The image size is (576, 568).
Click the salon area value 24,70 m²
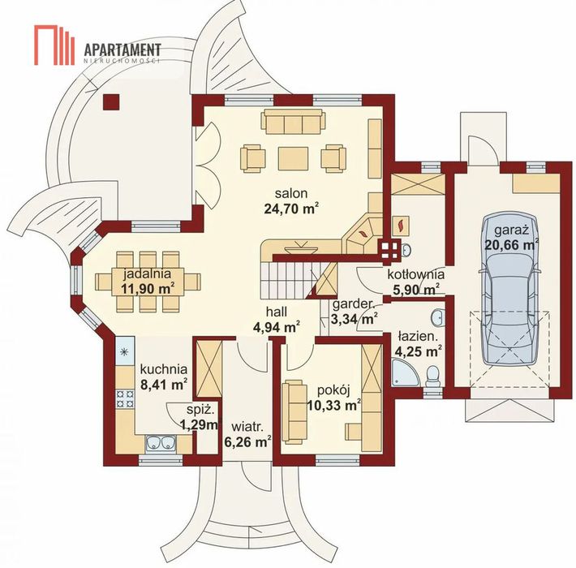(x=290, y=209)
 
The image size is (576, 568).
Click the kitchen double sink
(x=161, y=443)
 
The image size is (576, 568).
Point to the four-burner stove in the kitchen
(x=125, y=399)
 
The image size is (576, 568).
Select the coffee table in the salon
(x=293, y=158)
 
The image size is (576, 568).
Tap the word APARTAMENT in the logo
(x=123, y=50)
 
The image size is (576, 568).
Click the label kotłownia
(x=416, y=274)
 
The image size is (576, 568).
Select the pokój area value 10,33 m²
(x=333, y=406)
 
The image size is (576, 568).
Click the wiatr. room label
(x=247, y=428)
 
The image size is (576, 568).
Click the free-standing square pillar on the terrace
(x=111, y=102)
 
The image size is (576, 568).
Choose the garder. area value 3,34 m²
(x=355, y=319)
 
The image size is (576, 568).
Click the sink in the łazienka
(x=438, y=317)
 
